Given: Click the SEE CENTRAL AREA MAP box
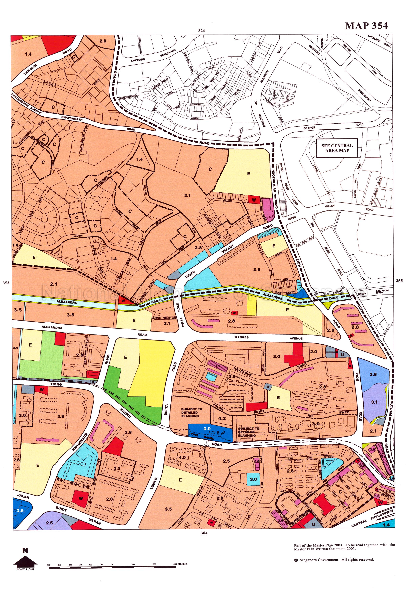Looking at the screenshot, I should tap(337, 148).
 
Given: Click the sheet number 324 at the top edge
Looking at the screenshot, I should tap(201, 30).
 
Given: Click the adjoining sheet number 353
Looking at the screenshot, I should tap(6, 283).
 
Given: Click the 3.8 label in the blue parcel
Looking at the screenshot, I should tap(373, 374).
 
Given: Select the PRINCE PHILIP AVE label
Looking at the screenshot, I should tap(164, 318).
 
